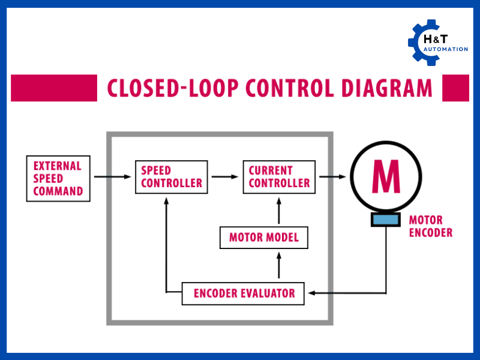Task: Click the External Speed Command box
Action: point(58,178)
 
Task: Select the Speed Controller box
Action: point(172,177)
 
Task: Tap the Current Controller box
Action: point(279,177)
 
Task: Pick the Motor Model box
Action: point(263,238)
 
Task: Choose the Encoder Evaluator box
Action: point(244,293)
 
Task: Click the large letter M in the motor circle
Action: point(385,176)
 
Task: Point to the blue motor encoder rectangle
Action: point(385,220)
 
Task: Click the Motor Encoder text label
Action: point(430,227)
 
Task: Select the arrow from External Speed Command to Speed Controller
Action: point(113,176)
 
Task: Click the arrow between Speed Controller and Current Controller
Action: point(225,176)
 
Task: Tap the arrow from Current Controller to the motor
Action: point(332,176)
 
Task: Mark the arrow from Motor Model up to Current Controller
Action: point(279,210)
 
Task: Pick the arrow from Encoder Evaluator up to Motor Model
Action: point(279,265)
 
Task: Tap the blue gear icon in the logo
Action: point(423,43)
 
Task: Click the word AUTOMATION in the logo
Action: point(446,49)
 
